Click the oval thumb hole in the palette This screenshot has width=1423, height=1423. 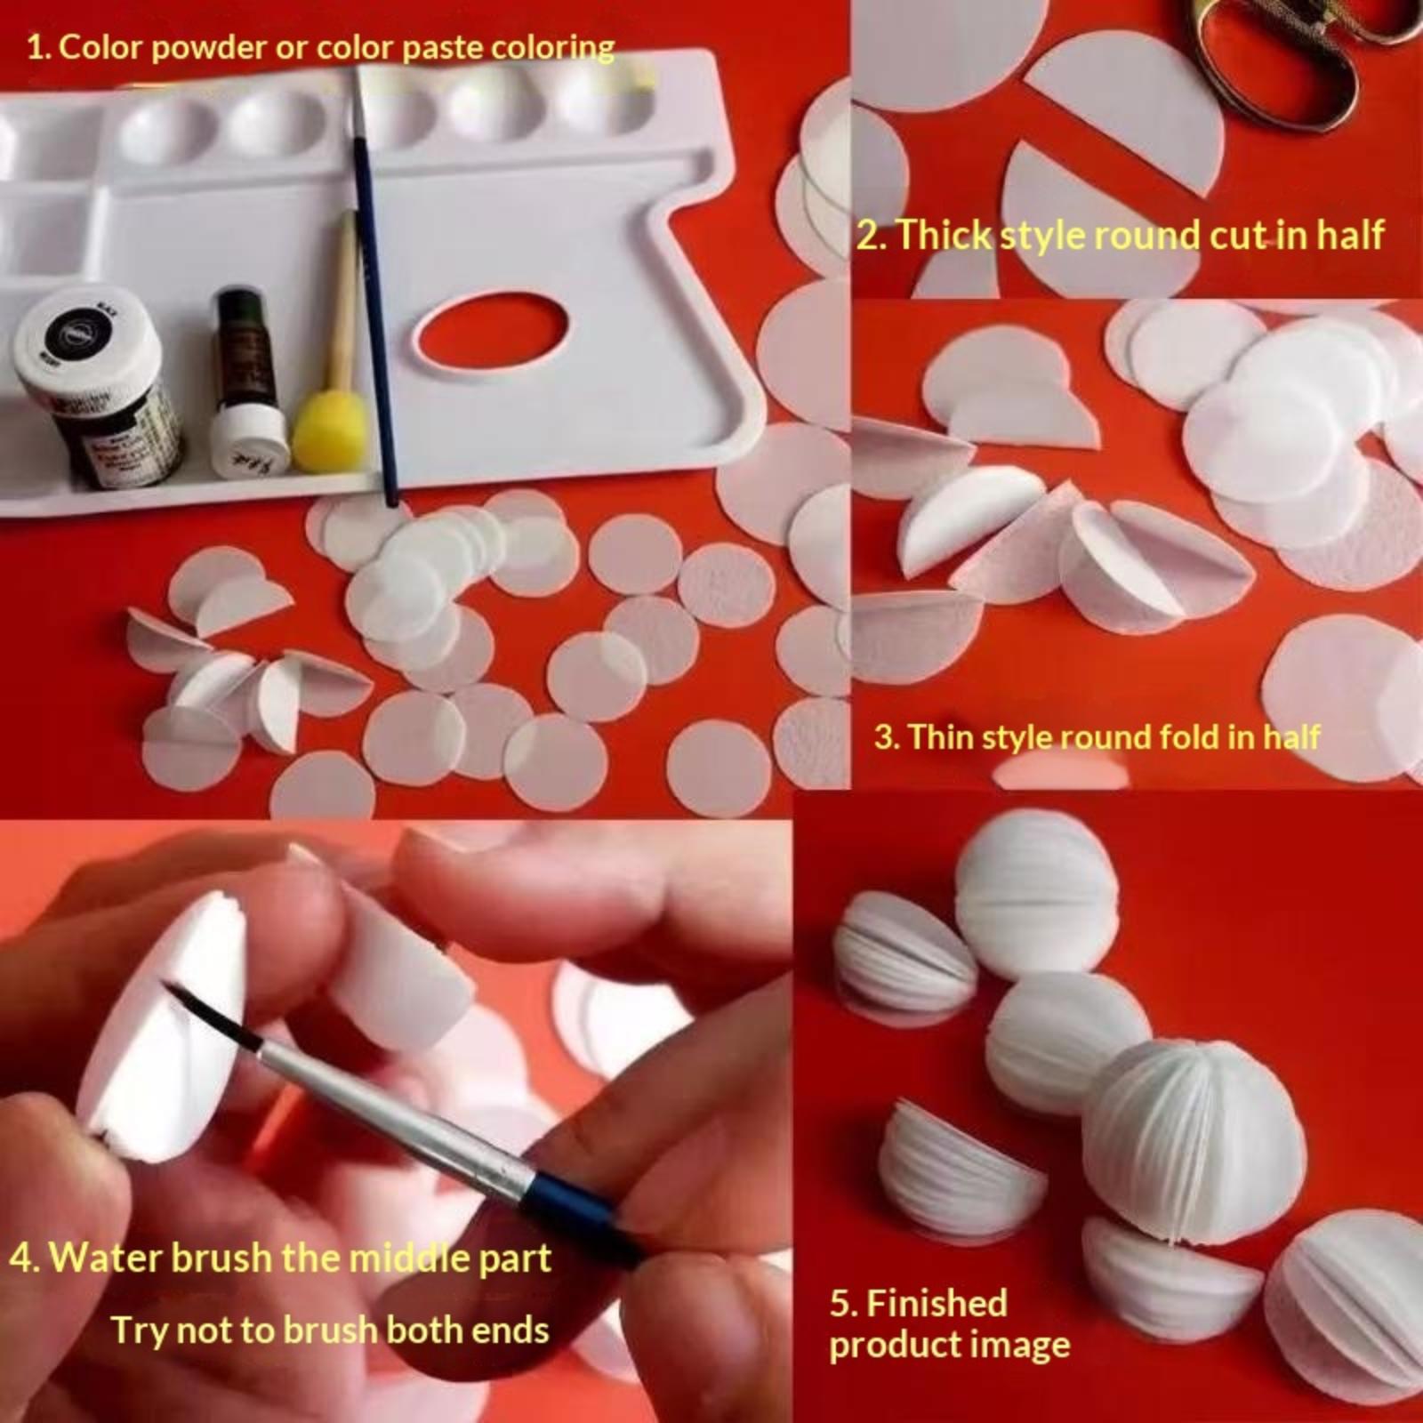coord(490,330)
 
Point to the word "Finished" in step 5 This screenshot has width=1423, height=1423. coord(937,1303)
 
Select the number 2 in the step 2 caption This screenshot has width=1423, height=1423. coord(867,237)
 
